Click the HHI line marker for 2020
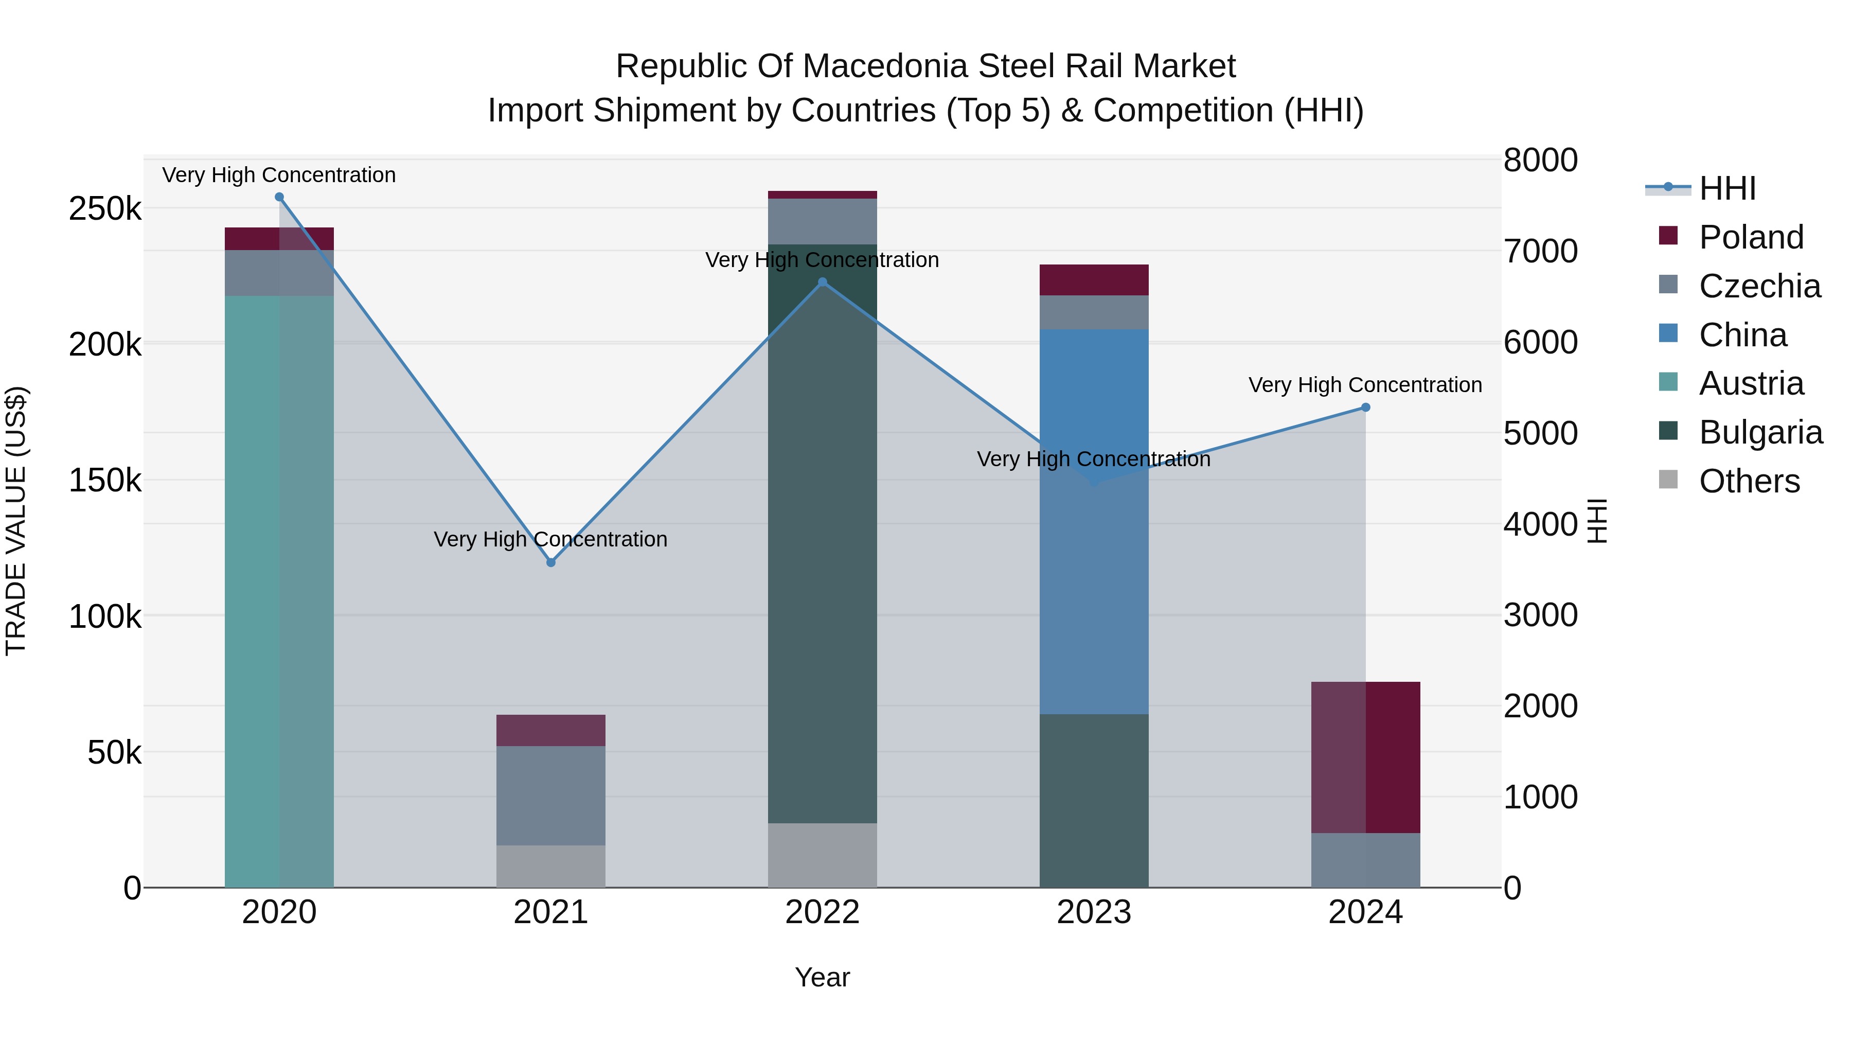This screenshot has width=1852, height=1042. click(280, 197)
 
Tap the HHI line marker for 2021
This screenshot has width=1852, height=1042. click(550, 562)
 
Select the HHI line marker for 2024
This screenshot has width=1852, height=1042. click(1365, 408)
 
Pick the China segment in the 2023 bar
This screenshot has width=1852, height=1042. click(1094, 521)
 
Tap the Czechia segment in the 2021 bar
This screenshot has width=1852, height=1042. click(550, 796)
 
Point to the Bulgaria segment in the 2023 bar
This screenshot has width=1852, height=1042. click(1094, 800)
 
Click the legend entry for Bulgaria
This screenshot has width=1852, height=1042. click(1760, 432)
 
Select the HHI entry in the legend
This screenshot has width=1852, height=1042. click(1727, 188)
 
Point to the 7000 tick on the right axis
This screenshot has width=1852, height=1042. click(1540, 251)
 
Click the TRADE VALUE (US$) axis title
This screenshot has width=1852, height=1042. click(16, 521)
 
